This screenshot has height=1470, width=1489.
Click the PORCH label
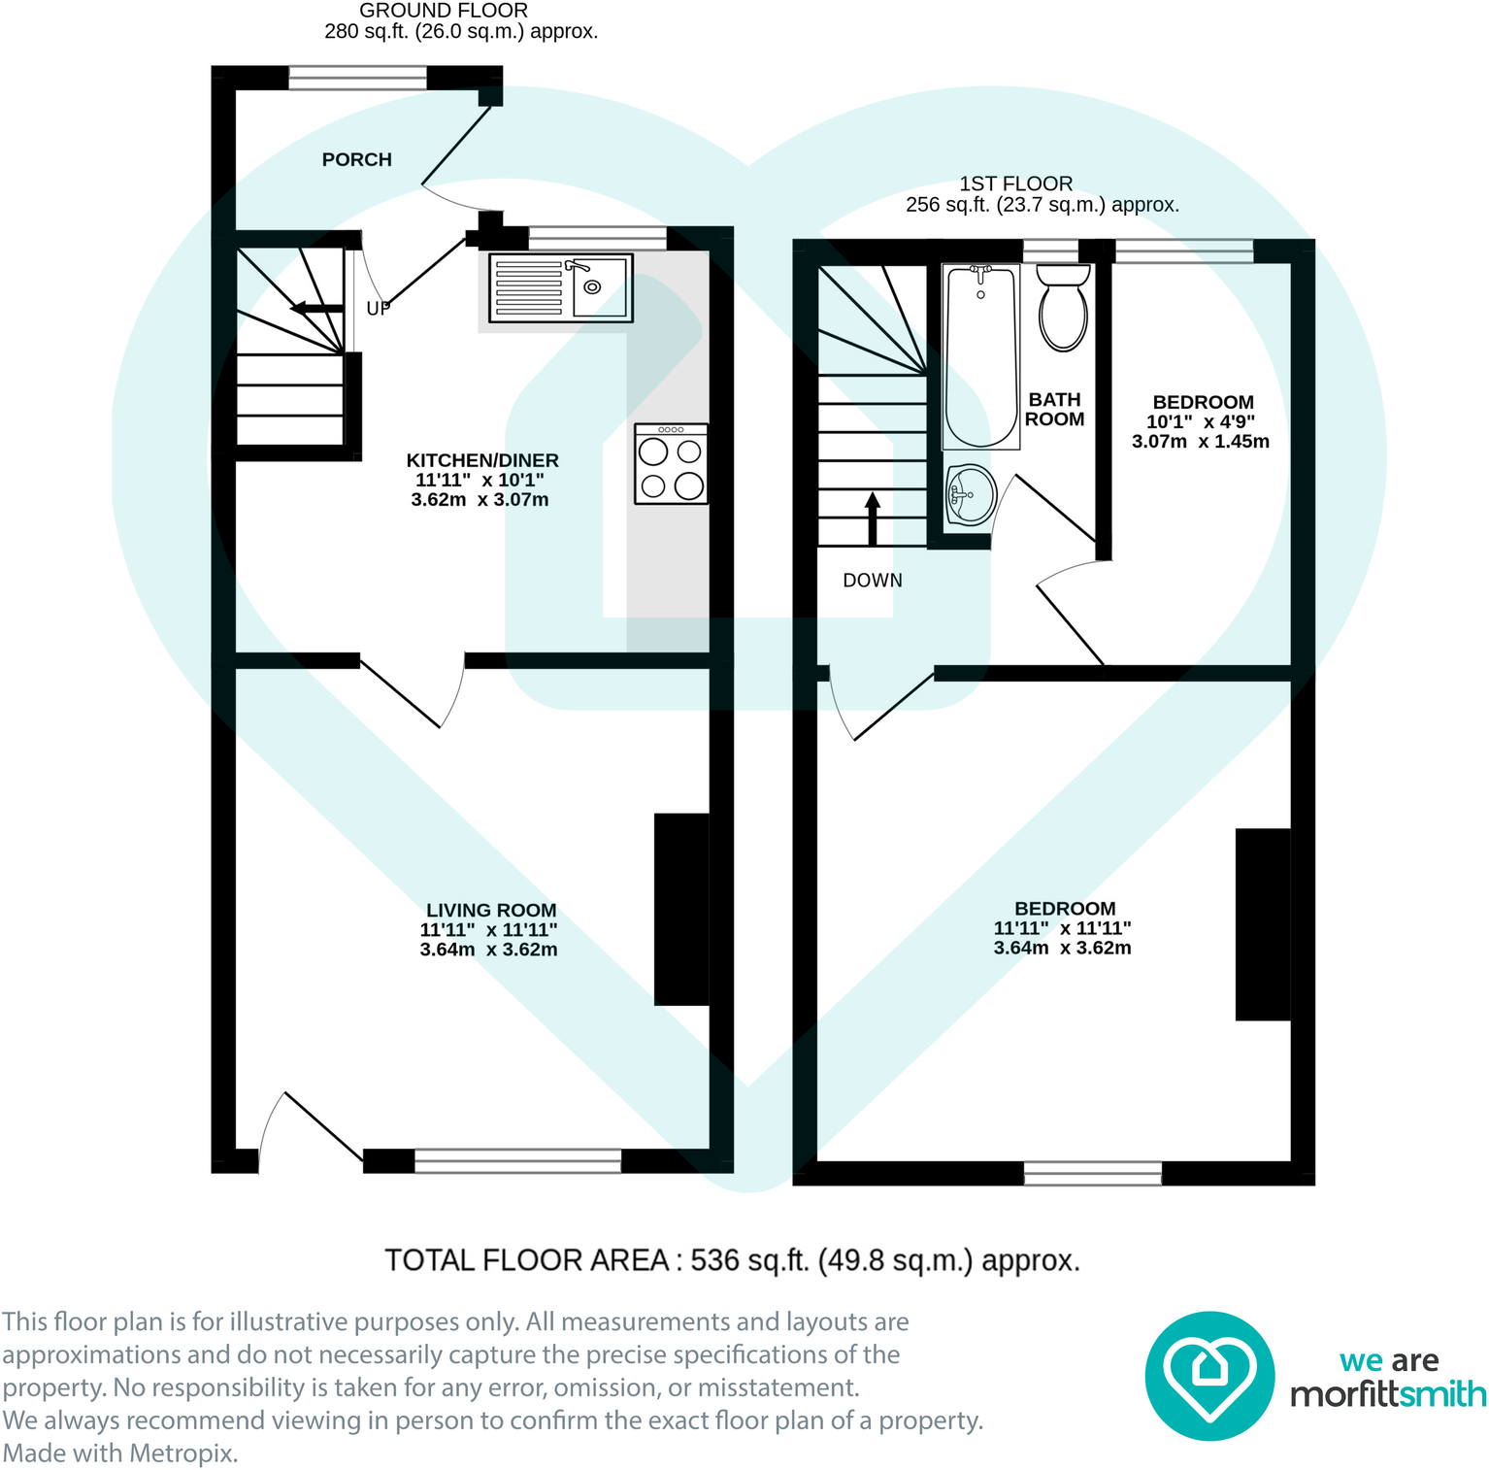[356, 159]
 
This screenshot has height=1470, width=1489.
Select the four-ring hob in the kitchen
[671, 464]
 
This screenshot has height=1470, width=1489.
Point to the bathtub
[980, 356]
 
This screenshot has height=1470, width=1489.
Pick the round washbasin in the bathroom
[970, 494]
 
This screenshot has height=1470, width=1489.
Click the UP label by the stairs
[378, 308]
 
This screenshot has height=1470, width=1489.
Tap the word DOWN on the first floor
[872, 581]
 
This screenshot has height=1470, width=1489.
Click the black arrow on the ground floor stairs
[316, 309]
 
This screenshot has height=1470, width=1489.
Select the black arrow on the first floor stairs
[872, 518]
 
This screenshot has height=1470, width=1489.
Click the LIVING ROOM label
[491, 910]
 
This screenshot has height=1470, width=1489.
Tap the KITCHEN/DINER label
[481, 460]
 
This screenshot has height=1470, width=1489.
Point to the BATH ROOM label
[1054, 409]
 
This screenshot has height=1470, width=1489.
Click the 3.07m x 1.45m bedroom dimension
[1200, 441]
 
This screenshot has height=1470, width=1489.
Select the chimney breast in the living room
[681, 909]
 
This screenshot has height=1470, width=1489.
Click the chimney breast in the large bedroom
[1262, 923]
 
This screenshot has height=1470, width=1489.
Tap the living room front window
[517, 1159]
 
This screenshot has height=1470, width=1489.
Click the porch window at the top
[357, 78]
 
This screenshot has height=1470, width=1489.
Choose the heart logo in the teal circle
[1208, 1375]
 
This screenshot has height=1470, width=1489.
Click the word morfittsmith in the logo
[1387, 1394]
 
